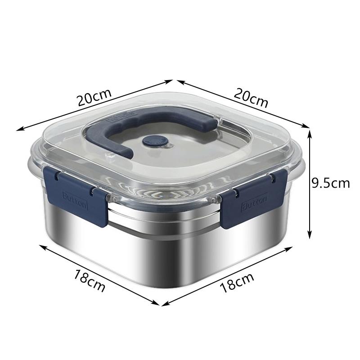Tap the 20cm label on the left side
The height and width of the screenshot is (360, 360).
point(94,98)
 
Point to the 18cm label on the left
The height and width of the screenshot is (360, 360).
point(90,280)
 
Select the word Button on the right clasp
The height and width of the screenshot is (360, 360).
point(255,202)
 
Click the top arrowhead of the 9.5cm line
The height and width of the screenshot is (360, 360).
point(309,130)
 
